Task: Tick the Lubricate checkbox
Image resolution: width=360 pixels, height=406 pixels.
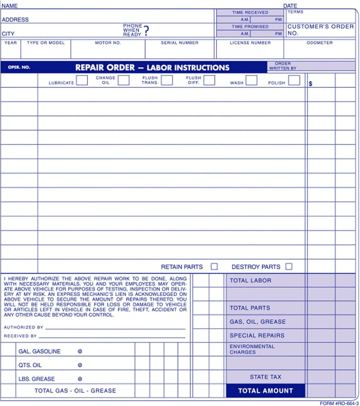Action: click(82, 80)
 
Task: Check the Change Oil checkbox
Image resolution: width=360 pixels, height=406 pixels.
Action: click(123, 80)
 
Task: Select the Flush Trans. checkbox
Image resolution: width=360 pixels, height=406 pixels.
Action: click(167, 80)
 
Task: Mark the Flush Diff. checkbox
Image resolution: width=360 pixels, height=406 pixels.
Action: click(209, 80)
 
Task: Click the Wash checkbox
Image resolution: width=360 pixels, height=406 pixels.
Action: click(251, 80)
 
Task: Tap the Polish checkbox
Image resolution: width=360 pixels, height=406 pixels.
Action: click(294, 80)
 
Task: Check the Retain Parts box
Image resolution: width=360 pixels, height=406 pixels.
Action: click(214, 267)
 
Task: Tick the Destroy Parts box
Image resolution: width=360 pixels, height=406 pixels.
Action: click(289, 267)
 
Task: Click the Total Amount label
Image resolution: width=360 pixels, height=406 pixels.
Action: click(265, 391)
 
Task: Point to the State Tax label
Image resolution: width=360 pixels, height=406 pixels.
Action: click(265, 377)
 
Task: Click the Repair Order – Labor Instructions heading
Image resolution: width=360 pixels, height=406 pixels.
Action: click(152, 67)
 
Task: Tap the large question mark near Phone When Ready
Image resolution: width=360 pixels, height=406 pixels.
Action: click(146, 31)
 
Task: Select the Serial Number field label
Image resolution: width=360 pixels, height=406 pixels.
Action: click(179, 43)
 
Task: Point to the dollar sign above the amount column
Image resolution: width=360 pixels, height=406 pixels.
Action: click(310, 84)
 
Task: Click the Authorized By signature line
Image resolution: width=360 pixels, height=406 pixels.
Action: click(115, 328)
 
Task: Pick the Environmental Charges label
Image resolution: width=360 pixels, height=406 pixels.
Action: click(252, 349)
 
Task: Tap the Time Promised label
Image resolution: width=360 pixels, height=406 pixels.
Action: click(250, 26)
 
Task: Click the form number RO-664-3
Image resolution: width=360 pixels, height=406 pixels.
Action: click(339, 403)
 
